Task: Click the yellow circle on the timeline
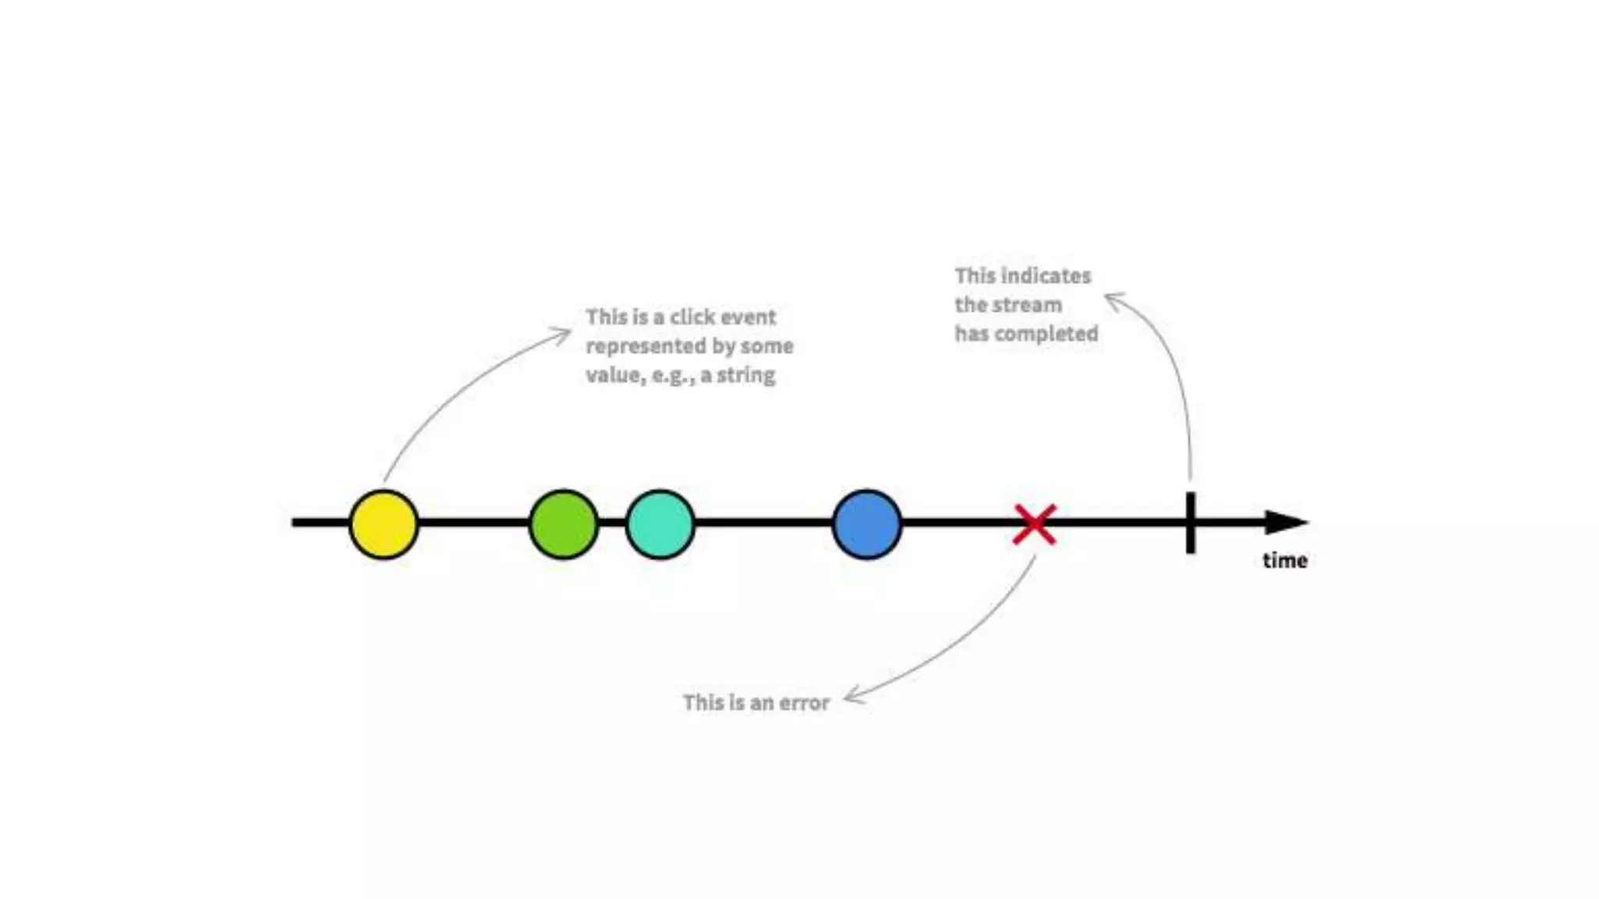(383, 524)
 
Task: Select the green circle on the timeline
(563, 524)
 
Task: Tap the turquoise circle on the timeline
(660, 524)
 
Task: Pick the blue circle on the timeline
(867, 524)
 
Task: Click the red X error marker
(1035, 524)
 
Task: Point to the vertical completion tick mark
(1190, 523)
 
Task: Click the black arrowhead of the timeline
(1284, 522)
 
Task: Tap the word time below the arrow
(1284, 560)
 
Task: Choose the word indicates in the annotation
(1045, 275)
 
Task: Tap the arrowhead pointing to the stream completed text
(1112, 298)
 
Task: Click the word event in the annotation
(749, 317)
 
